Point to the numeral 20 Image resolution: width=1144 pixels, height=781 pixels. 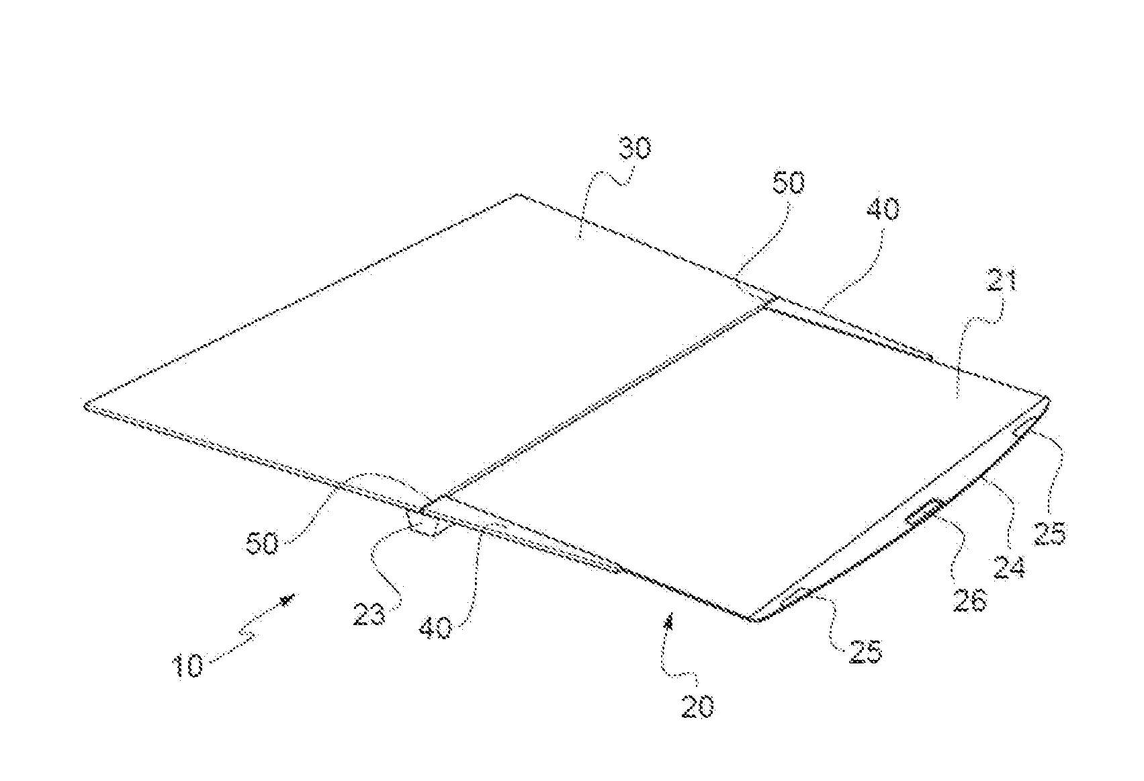click(697, 706)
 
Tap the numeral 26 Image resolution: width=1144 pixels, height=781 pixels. click(970, 599)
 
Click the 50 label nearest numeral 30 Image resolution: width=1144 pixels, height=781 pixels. click(788, 181)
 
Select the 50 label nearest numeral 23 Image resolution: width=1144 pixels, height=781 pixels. click(262, 542)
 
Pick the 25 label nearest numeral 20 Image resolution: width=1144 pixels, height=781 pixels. click(865, 652)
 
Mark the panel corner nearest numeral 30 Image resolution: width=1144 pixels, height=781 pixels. click(517, 195)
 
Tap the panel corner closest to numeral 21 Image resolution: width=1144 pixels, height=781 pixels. click(1046, 399)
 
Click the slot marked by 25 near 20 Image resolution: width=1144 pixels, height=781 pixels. click(795, 595)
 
